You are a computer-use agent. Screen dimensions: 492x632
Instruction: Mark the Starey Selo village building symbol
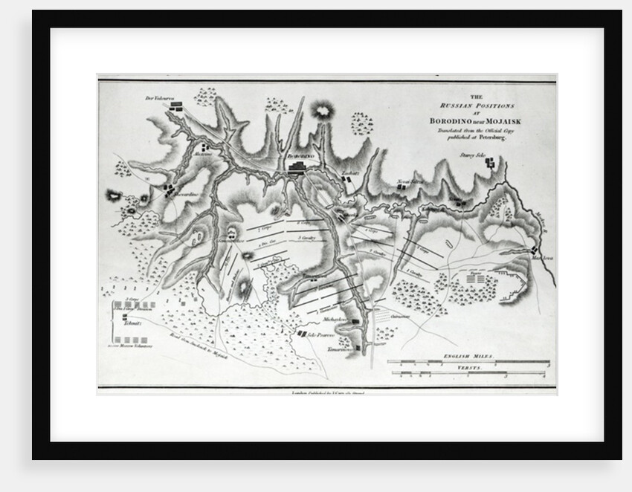click(x=490, y=163)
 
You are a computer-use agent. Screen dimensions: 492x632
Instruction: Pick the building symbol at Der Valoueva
click(x=177, y=108)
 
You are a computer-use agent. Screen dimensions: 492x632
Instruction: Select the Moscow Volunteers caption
click(x=131, y=346)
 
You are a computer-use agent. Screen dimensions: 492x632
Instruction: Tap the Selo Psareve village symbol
click(x=303, y=334)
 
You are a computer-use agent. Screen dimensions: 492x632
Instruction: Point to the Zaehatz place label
click(x=349, y=174)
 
